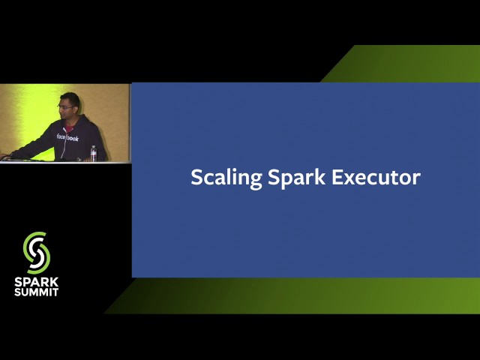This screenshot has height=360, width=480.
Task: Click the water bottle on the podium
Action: coord(93,153)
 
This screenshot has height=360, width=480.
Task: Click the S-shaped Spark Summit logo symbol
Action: coord(36,252)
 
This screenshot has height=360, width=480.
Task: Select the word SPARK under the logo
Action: coord(36,282)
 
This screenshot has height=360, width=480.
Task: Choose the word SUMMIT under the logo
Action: coord(36,292)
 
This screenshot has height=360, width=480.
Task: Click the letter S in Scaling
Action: coord(196,178)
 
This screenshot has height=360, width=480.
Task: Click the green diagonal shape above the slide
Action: coord(405,64)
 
